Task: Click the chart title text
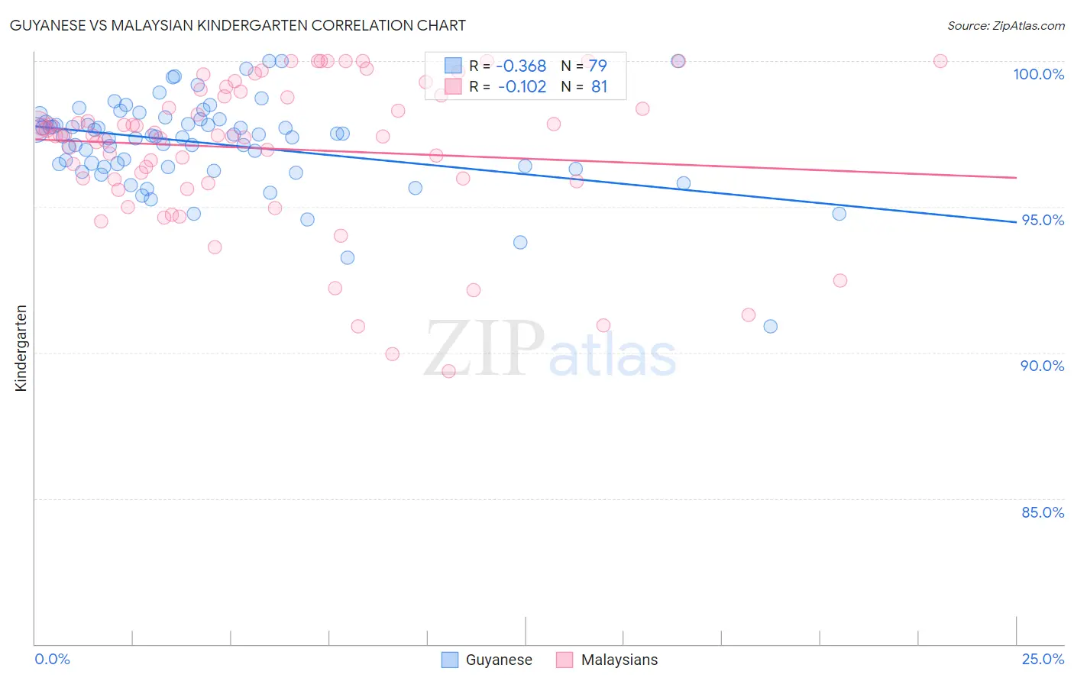click(x=238, y=25)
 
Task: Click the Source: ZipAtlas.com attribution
click(x=1005, y=25)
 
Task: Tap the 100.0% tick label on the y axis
click(x=1038, y=74)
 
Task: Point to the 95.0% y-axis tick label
click(x=1043, y=220)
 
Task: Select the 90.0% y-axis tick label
click(x=1043, y=366)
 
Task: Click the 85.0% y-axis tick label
click(x=1043, y=512)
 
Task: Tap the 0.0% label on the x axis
click(x=52, y=659)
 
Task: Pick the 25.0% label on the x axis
click(x=1043, y=659)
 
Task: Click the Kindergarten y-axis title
click(x=21, y=348)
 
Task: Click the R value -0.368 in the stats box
click(x=522, y=66)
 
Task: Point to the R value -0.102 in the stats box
click(x=522, y=87)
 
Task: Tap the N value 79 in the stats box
click(x=597, y=66)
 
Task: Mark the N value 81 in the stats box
click(x=599, y=87)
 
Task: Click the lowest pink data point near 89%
click(x=448, y=371)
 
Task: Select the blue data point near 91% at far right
click(x=770, y=326)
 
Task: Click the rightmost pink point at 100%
click(x=940, y=61)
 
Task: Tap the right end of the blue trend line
click(x=1016, y=222)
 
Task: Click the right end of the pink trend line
click(x=1016, y=177)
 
